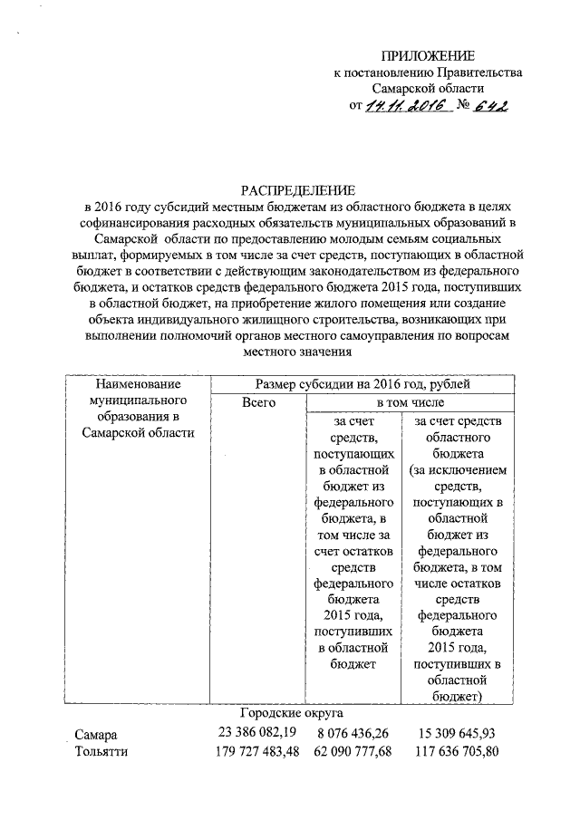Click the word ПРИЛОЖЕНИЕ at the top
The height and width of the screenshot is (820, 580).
pyautogui.click(x=429, y=56)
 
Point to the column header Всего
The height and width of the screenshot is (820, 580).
pyautogui.click(x=259, y=401)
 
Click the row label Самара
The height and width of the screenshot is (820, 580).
pyautogui.click(x=96, y=734)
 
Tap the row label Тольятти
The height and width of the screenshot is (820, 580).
pyautogui.click(x=101, y=752)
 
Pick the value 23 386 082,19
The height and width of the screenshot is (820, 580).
pyautogui.click(x=256, y=732)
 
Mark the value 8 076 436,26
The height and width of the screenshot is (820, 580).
pyautogui.click(x=353, y=733)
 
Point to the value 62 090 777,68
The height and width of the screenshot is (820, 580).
pyautogui.click(x=353, y=751)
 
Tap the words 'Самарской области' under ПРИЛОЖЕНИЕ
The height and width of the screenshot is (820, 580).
pyautogui.click(x=429, y=89)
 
